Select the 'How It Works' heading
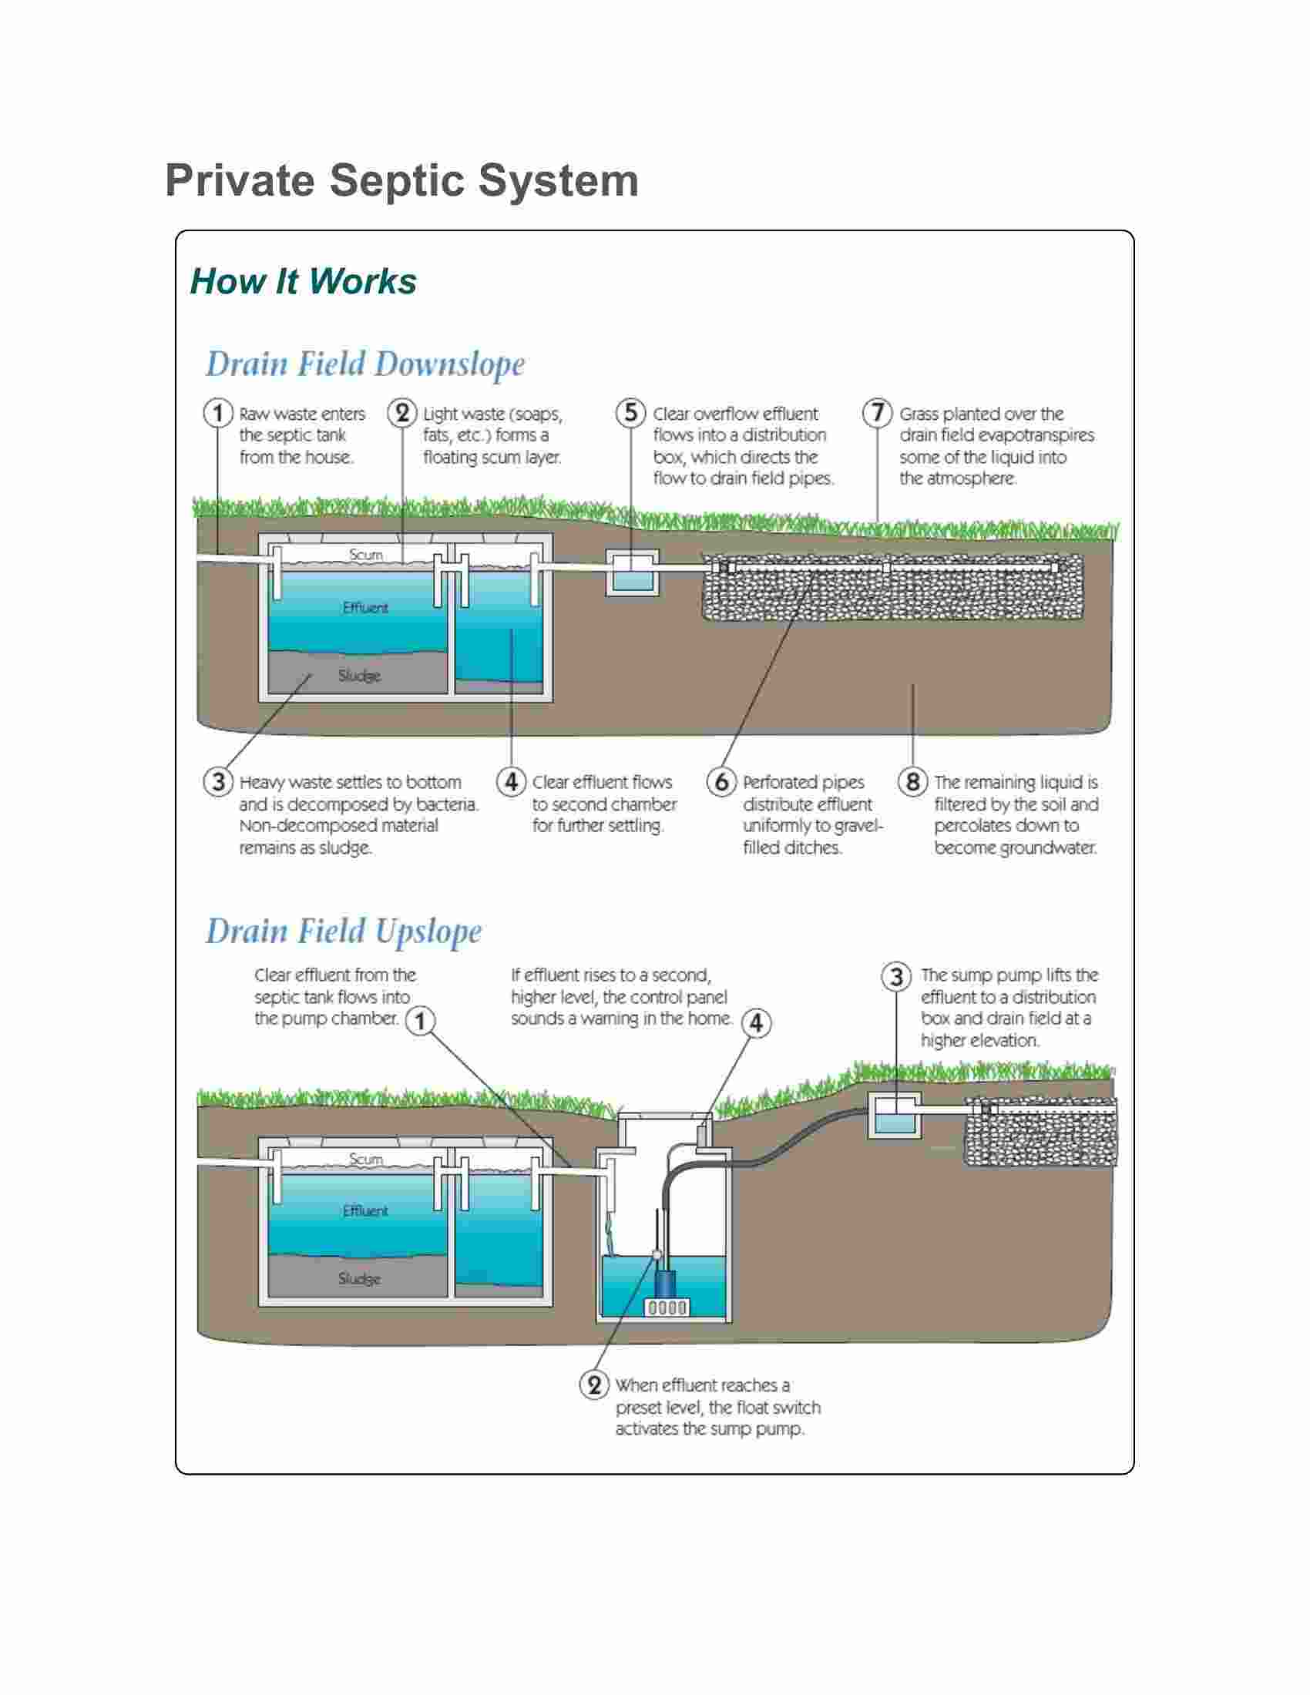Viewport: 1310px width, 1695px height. click(304, 281)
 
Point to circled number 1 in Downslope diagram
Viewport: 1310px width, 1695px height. click(218, 413)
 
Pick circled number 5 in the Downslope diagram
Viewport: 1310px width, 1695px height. click(631, 413)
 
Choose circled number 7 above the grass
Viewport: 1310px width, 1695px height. click(878, 413)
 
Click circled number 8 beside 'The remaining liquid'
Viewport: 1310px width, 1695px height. click(912, 781)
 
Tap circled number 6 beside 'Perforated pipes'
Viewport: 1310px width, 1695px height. click(722, 781)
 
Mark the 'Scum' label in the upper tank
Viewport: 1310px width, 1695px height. click(365, 555)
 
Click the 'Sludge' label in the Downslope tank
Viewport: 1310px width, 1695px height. click(359, 676)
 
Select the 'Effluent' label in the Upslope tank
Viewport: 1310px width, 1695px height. click(365, 1210)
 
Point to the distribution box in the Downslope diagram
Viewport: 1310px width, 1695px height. click(632, 573)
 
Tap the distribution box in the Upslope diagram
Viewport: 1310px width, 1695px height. click(894, 1116)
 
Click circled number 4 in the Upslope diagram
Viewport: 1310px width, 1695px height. click(756, 1023)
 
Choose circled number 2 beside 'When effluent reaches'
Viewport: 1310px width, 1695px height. click(594, 1385)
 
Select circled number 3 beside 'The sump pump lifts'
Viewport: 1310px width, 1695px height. click(896, 976)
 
